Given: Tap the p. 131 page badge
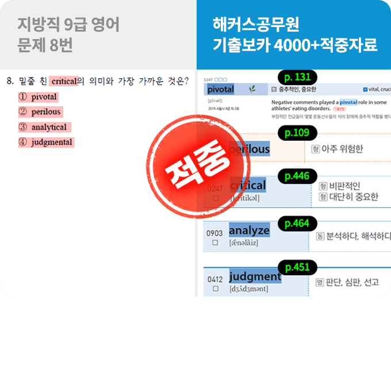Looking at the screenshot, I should tap(297, 77).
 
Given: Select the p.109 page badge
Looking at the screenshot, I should tap(297, 133).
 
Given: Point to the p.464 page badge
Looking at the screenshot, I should tap(297, 224).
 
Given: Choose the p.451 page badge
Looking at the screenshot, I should tap(297, 267).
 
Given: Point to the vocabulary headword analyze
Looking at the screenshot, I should tap(249, 230).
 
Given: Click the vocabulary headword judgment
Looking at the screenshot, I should tap(255, 276).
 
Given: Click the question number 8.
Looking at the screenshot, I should tap(9, 82).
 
